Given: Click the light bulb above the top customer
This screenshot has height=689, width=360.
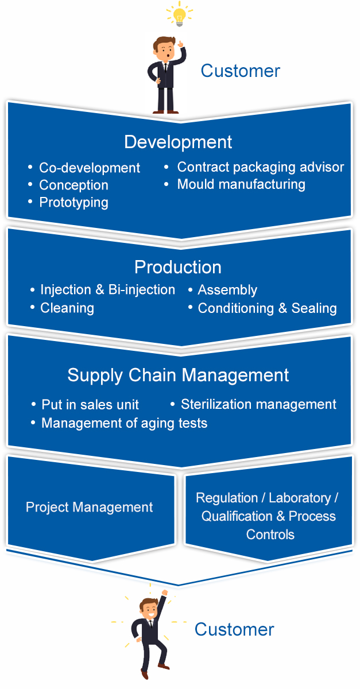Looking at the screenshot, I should tap(179, 14).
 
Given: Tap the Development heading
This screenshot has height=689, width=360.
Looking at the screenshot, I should tap(178, 142).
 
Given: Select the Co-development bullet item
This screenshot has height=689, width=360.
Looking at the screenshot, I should tap(89, 168).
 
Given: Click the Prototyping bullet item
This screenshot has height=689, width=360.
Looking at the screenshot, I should tap(73, 202).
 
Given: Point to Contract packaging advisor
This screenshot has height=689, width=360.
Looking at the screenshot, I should tap(260, 167).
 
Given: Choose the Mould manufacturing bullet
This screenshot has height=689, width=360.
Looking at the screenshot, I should tap(241, 184).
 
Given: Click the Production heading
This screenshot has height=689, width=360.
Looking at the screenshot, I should tap(178, 267).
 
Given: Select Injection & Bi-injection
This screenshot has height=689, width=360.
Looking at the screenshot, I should tap(107, 290).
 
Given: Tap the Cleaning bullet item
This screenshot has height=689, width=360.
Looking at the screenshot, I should tap(67, 308).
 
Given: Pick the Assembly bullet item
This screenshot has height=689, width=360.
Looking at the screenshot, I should tap(227, 290).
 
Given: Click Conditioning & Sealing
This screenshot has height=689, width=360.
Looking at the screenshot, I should tap(267, 308).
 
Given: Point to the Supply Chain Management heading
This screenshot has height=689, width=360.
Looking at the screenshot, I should tap(178, 375).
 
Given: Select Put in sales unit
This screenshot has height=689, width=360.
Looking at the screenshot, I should tap(90, 405).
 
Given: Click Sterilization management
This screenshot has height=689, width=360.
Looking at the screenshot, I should tap(258, 404).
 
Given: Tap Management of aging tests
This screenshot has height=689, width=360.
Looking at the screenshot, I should tap(124, 423).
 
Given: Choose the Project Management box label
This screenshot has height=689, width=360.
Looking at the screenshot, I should tap(90, 507).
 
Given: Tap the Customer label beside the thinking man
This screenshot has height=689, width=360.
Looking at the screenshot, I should tap(240, 71).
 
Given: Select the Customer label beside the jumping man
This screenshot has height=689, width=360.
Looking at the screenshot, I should tap(234, 629).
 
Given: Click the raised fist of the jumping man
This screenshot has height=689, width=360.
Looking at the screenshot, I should tap(165, 593).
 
